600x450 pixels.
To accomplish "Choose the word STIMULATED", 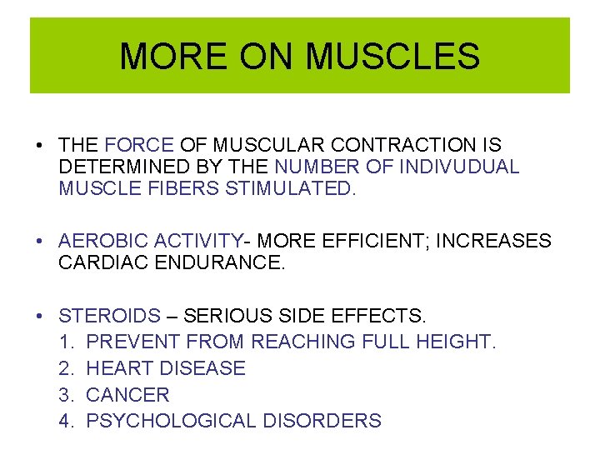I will click(x=290, y=188).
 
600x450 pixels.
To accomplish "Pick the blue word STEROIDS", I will click(x=109, y=317).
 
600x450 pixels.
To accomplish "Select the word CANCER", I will click(x=127, y=395).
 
